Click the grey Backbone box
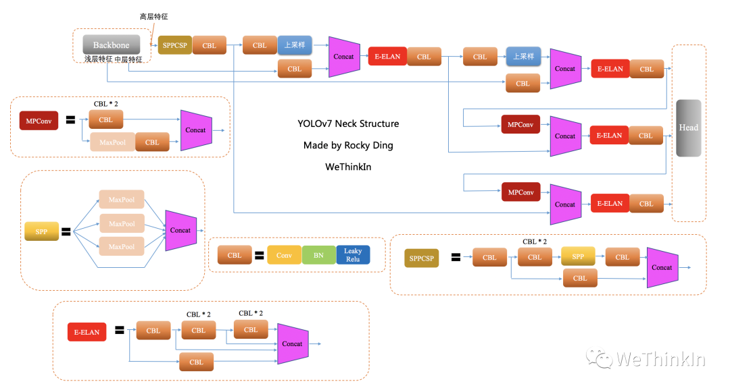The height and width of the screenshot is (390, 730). (111, 45)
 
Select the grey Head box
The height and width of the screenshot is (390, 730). (688, 128)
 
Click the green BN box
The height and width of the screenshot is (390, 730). (318, 256)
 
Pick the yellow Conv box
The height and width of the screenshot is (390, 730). (284, 256)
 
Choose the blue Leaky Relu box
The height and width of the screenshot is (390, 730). (353, 256)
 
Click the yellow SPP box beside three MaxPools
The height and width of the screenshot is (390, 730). (42, 231)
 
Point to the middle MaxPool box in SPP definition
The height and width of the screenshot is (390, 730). (122, 223)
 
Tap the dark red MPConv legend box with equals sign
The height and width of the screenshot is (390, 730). (39, 121)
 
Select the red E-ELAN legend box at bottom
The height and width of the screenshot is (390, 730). (87, 332)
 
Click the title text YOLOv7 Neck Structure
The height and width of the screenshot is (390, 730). (348, 123)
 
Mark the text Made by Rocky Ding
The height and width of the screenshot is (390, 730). (348, 145)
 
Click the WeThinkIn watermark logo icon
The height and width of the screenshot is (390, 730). (599, 357)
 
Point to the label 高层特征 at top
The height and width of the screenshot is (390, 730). (155, 16)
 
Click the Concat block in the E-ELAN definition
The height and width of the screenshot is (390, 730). (293, 343)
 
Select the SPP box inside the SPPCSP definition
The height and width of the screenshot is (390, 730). (578, 257)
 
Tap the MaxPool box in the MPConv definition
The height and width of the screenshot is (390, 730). (112, 142)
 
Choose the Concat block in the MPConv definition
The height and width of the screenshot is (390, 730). (196, 130)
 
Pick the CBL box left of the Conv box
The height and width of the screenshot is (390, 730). (235, 256)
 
